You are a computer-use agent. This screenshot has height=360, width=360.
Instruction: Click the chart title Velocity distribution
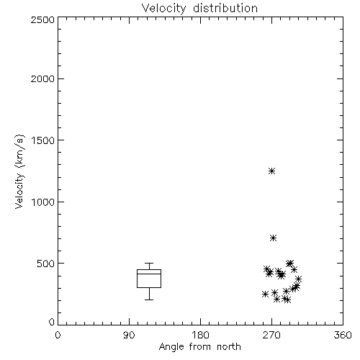coord(199,9)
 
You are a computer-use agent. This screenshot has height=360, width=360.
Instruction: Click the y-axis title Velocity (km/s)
coord(19,171)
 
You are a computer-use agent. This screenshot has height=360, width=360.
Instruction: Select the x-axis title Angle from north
coord(199,347)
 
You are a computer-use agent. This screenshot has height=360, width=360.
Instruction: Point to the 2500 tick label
coord(42,19)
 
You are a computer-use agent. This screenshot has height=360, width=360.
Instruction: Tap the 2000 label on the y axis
coord(42,78)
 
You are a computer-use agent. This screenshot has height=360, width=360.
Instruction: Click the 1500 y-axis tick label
coord(43,140)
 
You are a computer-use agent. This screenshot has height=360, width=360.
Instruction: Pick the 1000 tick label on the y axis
coord(43,202)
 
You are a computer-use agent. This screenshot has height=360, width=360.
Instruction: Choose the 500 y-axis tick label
coord(46,264)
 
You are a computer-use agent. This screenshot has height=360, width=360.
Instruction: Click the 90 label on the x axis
coord(129,335)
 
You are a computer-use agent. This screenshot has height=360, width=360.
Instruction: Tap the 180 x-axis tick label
coord(200,335)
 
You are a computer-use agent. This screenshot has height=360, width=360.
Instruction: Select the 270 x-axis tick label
coord(271,335)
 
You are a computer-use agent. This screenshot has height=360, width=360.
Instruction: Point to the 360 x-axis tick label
coord(343,335)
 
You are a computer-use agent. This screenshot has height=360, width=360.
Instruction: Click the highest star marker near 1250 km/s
coord(271,171)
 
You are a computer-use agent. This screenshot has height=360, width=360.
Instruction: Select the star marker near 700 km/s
coord(273,238)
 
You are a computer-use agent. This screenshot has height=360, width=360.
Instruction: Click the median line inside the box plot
coord(149,274)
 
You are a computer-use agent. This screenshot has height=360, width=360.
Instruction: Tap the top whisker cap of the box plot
coord(149,264)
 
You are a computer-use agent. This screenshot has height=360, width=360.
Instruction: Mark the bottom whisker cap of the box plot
coord(149,300)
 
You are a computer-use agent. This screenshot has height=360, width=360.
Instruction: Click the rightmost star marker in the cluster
coord(298,279)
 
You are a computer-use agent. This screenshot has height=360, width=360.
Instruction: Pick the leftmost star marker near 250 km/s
coord(265,294)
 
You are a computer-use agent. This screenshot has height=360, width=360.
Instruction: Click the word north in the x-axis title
coord(229,347)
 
